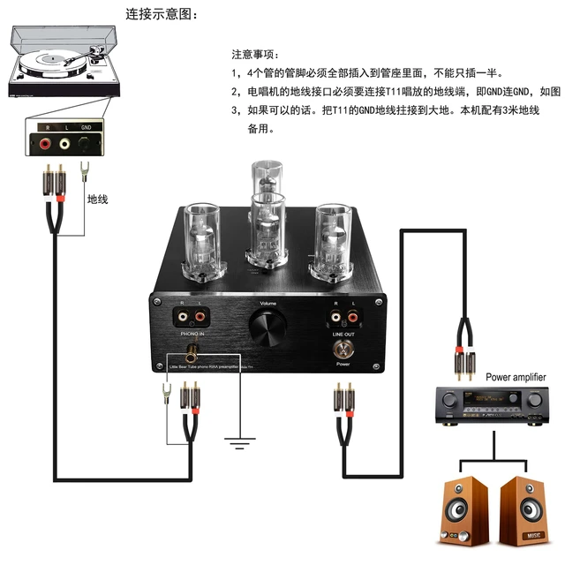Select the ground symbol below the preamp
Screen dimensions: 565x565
pos(236,441)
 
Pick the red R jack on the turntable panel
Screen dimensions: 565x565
pos(44,141)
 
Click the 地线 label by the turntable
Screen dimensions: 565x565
pos(96,200)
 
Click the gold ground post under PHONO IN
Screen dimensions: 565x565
pos(190,352)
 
